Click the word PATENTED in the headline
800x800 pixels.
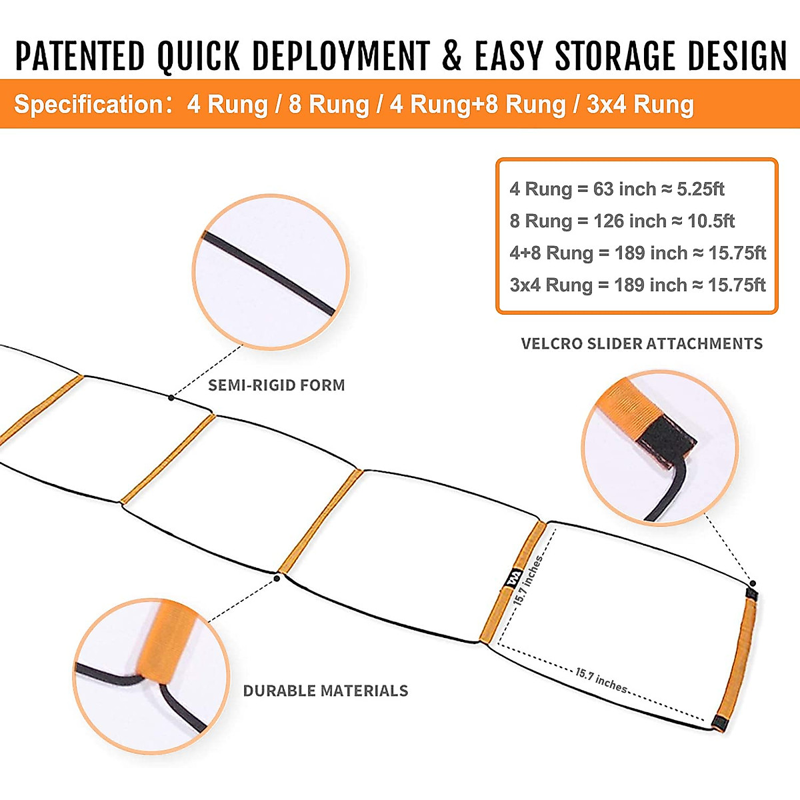80,56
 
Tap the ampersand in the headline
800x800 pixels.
451,56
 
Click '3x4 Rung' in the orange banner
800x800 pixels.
640,105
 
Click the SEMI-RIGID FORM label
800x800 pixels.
277,385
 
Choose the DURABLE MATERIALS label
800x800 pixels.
325,691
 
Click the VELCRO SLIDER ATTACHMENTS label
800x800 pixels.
641,344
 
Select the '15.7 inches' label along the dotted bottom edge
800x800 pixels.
601,679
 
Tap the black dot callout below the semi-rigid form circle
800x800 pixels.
171,398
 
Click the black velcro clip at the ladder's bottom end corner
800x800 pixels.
717,723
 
